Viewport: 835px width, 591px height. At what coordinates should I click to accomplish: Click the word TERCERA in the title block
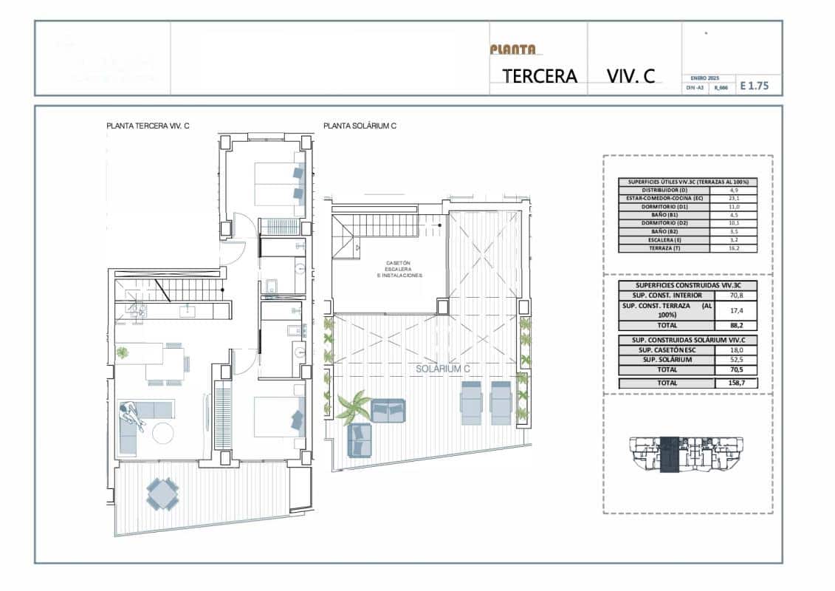pos(540,76)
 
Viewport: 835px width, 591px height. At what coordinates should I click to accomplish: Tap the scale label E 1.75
pos(754,86)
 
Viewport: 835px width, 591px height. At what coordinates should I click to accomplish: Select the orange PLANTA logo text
pos(512,49)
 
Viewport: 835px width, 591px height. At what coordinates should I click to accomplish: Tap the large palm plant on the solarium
pos(353,406)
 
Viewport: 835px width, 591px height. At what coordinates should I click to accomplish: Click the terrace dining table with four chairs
pos(162,493)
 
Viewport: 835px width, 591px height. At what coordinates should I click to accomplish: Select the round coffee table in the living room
pos(164,432)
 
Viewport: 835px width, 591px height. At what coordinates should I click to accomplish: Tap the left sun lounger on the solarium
pos(471,403)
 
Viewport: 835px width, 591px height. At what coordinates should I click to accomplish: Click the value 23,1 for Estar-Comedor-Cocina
pos(733,199)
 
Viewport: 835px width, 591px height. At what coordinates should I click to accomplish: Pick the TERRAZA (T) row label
pos(664,249)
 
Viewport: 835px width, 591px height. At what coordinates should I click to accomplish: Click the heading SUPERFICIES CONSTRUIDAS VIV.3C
pos(687,284)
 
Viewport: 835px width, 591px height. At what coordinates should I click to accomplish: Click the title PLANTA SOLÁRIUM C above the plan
pos(360,126)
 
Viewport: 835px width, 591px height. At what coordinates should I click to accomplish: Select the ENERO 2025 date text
pos(704,78)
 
